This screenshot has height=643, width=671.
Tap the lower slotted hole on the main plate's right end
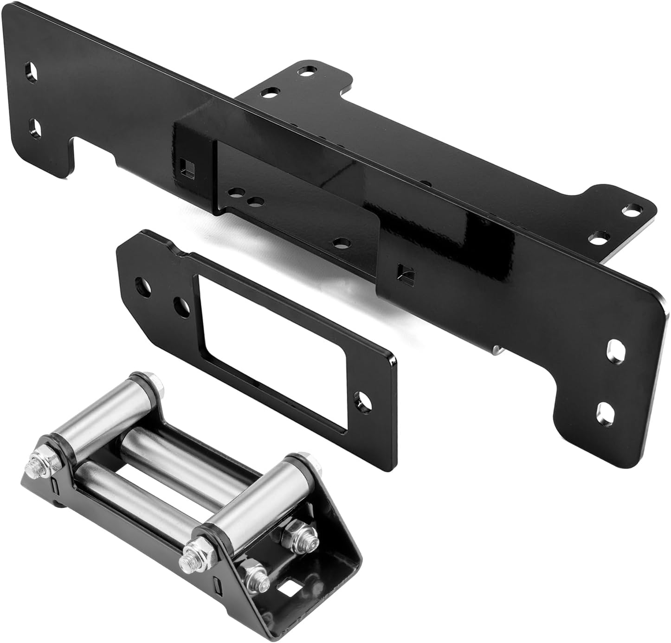point(604,410)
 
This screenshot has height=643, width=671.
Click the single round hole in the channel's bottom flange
point(342,242)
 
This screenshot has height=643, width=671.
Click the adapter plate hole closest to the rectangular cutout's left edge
point(181,305)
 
